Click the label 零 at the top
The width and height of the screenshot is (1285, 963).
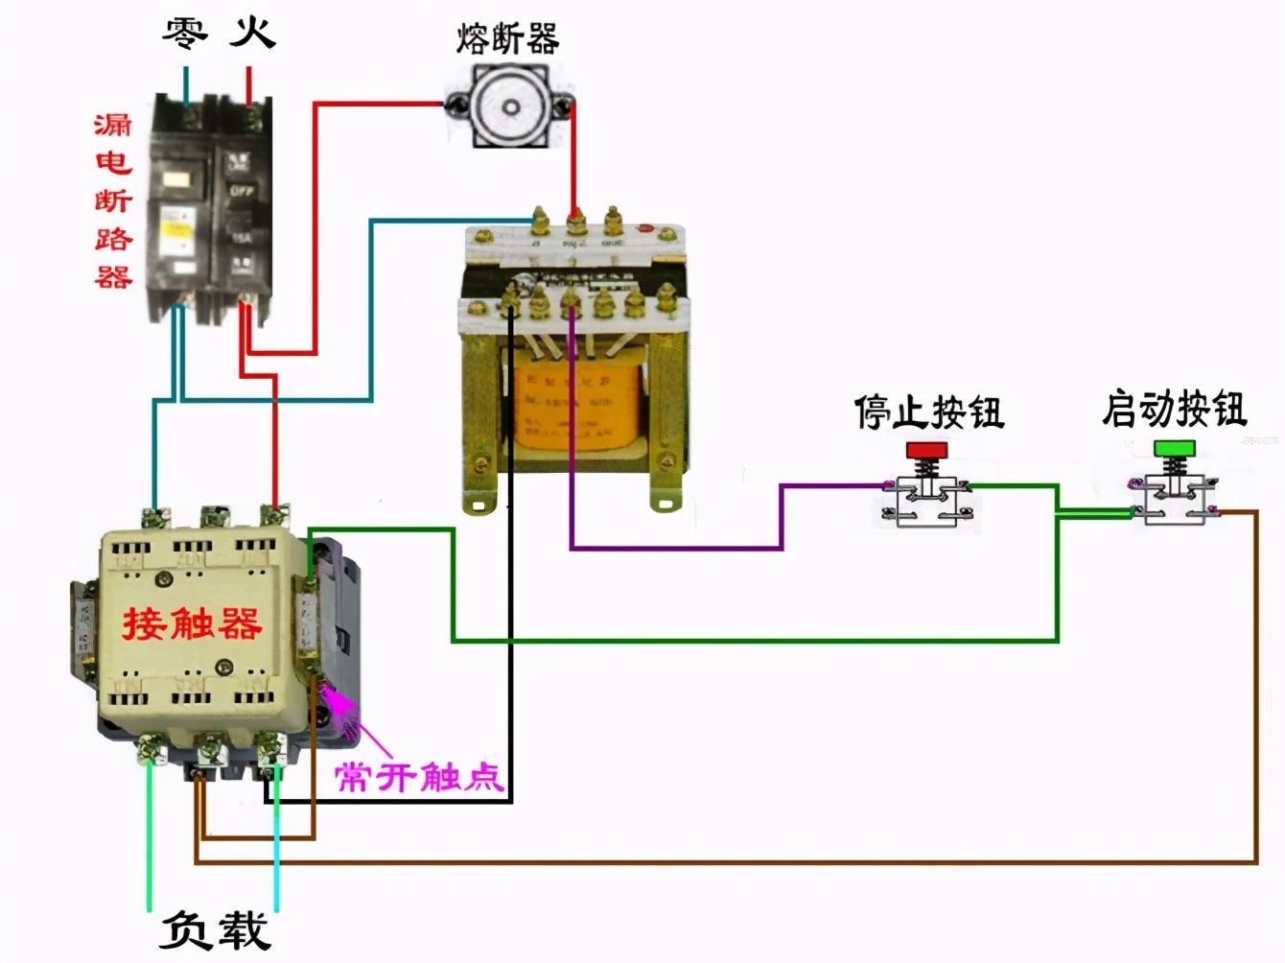(184, 33)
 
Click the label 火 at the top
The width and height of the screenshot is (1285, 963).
(252, 33)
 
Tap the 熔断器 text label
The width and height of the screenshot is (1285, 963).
(507, 39)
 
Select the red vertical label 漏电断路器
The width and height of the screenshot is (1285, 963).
(113, 200)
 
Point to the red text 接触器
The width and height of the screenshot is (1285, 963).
(192, 623)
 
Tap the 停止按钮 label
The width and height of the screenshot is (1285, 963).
(928, 412)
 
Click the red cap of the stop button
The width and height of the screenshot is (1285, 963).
(926, 449)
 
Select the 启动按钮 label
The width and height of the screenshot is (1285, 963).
(1174, 409)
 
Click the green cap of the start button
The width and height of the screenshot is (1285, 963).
(1174, 448)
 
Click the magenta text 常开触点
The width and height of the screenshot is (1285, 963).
(419, 775)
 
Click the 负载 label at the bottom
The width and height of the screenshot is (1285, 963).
(215, 929)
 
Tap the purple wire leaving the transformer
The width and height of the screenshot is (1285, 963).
(671, 549)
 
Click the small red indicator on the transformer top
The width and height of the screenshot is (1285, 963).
(645, 229)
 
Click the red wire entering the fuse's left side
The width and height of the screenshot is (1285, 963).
(384, 104)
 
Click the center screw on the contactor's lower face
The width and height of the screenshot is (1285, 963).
(223, 667)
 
